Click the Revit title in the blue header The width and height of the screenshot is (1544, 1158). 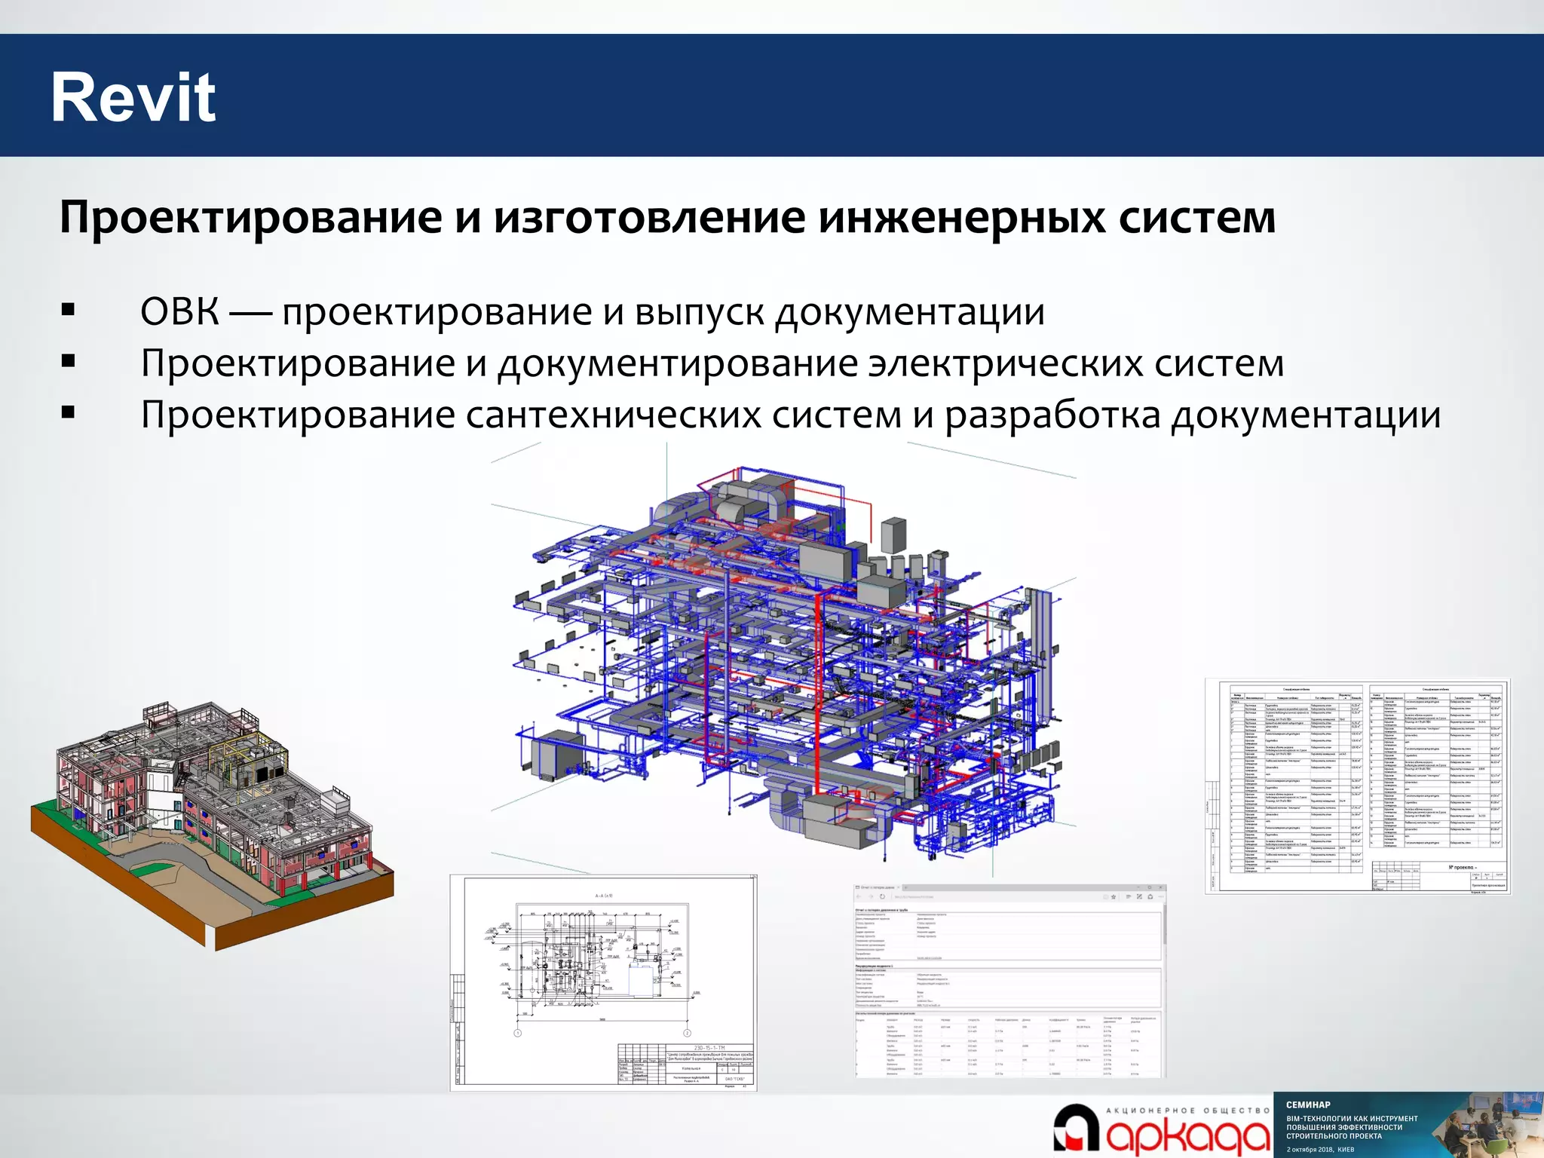tap(133, 97)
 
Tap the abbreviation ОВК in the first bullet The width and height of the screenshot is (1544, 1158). tap(180, 311)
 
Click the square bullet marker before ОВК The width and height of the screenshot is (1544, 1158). tap(69, 309)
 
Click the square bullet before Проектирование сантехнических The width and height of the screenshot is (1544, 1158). tap(69, 412)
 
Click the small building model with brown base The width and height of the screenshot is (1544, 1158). tap(211, 822)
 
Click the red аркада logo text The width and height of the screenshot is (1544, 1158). tap(1187, 1138)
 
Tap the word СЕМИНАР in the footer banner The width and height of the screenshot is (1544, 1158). tap(1308, 1104)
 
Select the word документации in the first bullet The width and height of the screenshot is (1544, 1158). tap(910, 311)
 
